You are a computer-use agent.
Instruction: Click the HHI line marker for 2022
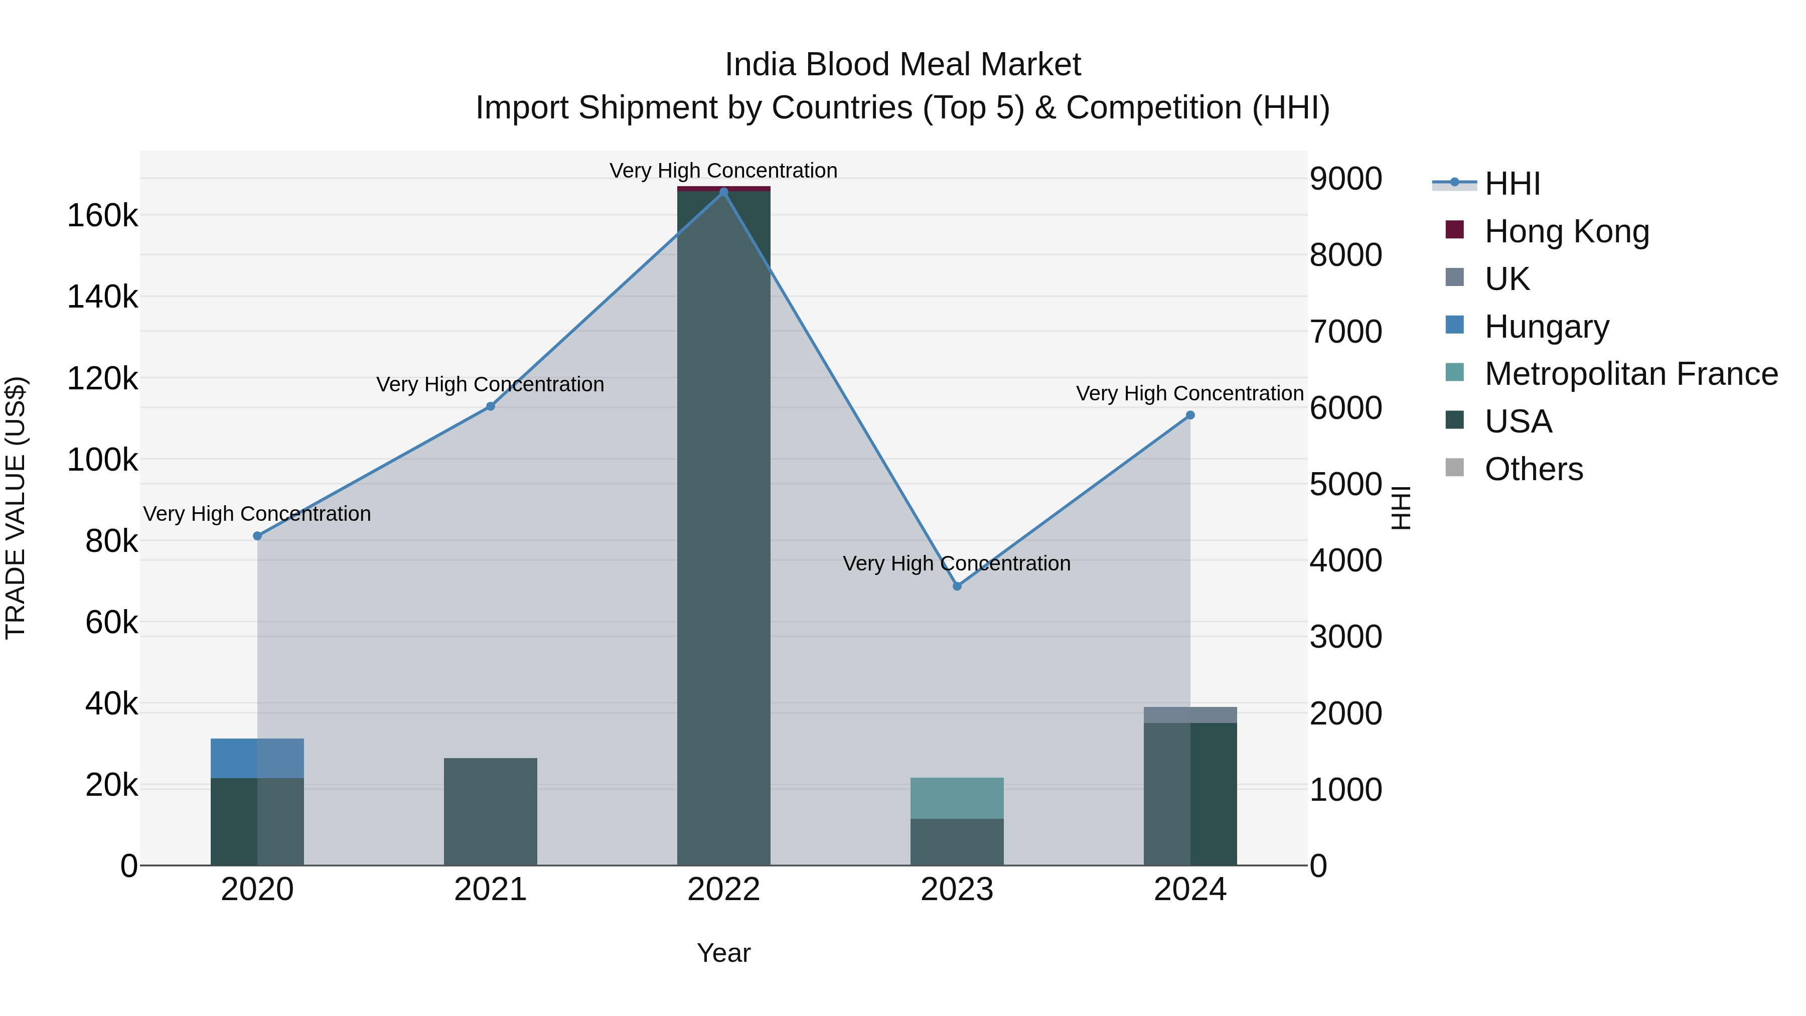(x=723, y=192)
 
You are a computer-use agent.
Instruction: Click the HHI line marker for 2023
(x=957, y=586)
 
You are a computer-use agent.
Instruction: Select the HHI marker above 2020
(x=257, y=536)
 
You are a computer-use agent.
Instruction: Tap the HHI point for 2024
(x=1190, y=415)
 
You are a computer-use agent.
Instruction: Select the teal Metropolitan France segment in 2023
(x=957, y=798)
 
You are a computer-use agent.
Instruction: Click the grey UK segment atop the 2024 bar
(x=1190, y=714)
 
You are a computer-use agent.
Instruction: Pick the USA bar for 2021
(x=491, y=811)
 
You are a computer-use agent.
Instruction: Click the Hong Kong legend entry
(x=1566, y=231)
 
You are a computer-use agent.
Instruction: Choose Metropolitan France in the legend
(x=1631, y=374)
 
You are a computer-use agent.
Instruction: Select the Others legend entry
(x=1533, y=469)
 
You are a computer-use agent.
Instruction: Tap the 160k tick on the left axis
(x=102, y=216)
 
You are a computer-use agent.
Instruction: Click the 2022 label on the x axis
(x=723, y=890)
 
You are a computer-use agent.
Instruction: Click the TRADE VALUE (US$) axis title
(x=16, y=508)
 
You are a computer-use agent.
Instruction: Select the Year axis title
(x=723, y=953)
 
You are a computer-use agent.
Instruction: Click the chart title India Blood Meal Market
(x=902, y=65)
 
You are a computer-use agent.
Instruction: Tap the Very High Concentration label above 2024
(x=1190, y=393)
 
